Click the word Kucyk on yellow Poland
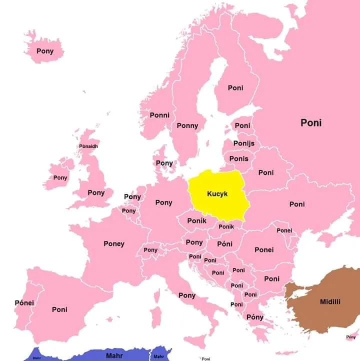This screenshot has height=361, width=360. [217, 193]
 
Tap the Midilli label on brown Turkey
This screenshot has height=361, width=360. [330, 301]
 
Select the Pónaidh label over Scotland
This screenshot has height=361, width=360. [88, 146]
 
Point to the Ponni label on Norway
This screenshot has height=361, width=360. [159, 115]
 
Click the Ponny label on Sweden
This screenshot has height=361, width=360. [187, 125]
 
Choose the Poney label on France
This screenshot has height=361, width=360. [114, 244]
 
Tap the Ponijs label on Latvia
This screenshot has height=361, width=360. [244, 143]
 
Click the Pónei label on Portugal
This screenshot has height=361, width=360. [24, 303]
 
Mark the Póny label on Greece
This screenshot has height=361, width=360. [255, 317]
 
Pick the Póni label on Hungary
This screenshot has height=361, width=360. [225, 244]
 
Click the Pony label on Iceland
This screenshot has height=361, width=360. [45, 51]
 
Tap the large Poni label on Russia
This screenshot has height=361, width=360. [311, 122]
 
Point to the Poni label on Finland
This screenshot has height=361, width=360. [235, 87]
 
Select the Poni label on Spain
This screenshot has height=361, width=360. [59, 309]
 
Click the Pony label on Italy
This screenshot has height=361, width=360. [187, 295]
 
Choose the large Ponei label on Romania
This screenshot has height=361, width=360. [264, 249]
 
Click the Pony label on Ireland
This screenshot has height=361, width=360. [60, 177]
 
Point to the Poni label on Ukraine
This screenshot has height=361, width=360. [296, 204]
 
